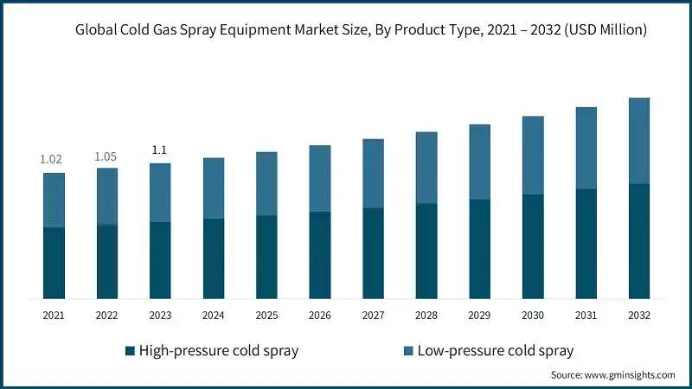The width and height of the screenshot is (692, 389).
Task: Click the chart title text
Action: click(361, 30)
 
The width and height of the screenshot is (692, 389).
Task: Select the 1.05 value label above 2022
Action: click(106, 156)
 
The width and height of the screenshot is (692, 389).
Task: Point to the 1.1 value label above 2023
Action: click(160, 150)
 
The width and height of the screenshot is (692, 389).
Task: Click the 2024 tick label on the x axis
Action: click(213, 316)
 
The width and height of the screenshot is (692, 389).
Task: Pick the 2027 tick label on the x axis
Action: click(373, 316)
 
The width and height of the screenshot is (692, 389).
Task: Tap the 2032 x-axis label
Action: click(638, 316)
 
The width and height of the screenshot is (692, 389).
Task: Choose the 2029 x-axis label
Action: click(479, 316)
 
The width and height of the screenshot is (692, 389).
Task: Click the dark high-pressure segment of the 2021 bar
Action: click(54, 263)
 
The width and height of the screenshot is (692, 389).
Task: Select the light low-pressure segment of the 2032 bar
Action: click(638, 141)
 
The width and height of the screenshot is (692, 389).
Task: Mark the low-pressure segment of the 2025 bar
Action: click(266, 183)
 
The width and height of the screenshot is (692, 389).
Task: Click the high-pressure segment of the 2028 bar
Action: click(426, 251)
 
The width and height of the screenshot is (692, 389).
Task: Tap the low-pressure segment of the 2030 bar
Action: click(533, 156)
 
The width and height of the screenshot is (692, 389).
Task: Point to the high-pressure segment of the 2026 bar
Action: click(320, 255)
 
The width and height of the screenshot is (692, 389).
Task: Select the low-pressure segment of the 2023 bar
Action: click(160, 193)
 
